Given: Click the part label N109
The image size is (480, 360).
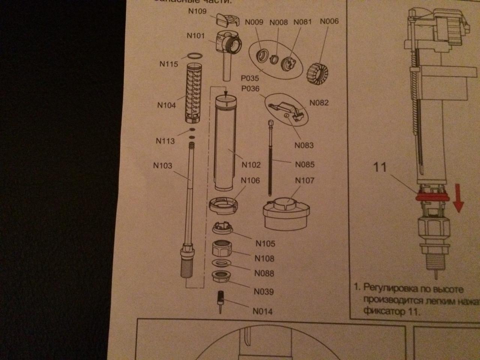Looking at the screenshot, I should [x=197, y=11].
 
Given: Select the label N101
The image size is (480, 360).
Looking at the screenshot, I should [x=195, y=36].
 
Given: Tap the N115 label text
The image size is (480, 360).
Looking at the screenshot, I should [x=169, y=64].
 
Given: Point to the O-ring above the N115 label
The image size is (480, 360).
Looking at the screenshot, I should [x=195, y=56].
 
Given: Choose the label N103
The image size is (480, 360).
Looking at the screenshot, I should [x=162, y=165].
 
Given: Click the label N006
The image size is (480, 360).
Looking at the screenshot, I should [x=329, y=21].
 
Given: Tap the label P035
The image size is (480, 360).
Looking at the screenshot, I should [x=250, y=79].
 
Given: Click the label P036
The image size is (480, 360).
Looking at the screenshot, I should [x=250, y=89].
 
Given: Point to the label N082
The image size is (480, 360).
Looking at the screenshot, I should [x=319, y=103].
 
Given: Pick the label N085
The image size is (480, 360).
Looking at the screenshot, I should [x=304, y=164].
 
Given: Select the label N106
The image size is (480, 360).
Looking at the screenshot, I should [x=250, y=180].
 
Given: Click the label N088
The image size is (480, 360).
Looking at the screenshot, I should [x=264, y=273].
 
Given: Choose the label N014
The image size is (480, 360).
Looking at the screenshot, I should [x=262, y=311].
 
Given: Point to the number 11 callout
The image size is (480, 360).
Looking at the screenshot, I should [x=380, y=167].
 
